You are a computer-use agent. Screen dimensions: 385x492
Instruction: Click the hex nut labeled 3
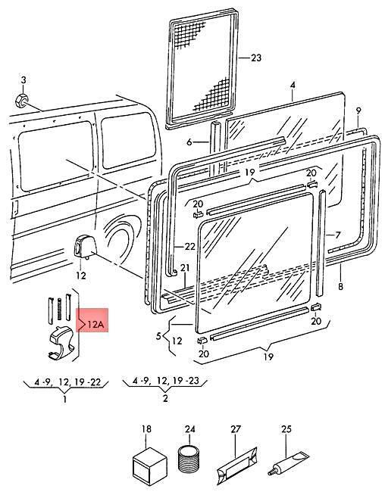(x=21, y=100)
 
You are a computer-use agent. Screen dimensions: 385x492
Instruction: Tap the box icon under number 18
(x=149, y=463)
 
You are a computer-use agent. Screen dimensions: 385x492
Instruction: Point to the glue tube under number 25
(x=289, y=462)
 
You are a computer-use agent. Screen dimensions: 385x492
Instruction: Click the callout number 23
(x=256, y=58)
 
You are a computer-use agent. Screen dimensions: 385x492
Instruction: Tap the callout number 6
(x=189, y=142)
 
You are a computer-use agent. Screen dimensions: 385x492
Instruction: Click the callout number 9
(x=358, y=111)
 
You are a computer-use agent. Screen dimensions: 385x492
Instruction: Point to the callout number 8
(x=341, y=286)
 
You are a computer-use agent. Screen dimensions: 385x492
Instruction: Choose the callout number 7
(x=337, y=235)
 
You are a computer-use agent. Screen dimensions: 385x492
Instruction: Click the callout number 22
(x=189, y=247)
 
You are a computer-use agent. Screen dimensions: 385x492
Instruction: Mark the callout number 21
(x=185, y=268)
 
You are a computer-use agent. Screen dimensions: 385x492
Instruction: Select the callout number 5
(x=158, y=336)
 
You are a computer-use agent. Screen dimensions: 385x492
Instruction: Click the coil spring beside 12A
(x=59, y=309)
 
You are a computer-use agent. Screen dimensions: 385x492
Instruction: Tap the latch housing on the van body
(x=83, y=246)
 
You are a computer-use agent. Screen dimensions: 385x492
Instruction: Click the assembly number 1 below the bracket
(x=64, y=400)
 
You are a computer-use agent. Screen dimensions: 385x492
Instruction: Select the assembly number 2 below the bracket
(x=165, y=399)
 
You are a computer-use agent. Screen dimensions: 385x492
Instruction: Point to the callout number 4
(x=293, y=86)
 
